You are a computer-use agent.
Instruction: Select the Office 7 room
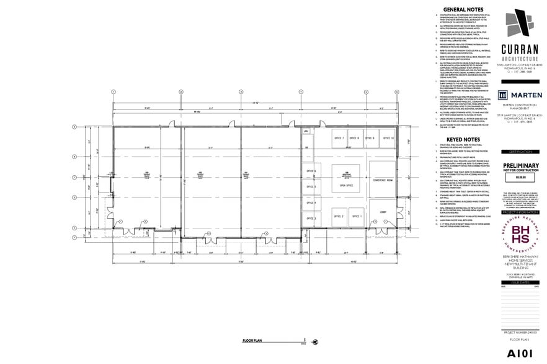pyautogui.click(x=338, y=138)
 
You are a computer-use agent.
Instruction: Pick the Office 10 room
pyautogui.click(x=388, y=138)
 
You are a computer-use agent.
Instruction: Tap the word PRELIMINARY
pyautogui.click(x=520, y=165)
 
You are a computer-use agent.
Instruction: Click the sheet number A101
pyautogui.click(x=520, y=352)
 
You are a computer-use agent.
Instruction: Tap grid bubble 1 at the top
pyautogui.click(x=113, y=91)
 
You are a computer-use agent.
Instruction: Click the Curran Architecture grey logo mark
pyautogui.click(x=518, y=24)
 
